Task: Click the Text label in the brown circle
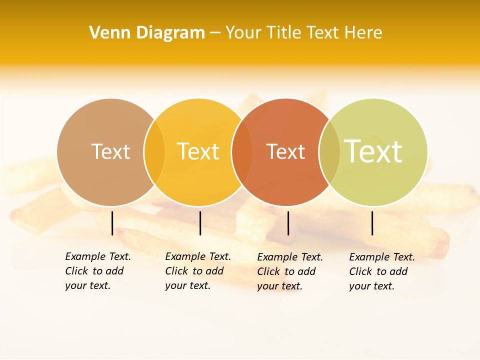pyautogui.click(x=111, y=151)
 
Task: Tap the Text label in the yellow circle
pyautogui.click(x=198, y=151)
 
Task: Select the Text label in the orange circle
pyautogui.click(x=286, y=152)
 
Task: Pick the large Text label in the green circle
pyautogui.click(x=373, y=151)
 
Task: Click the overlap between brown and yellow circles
pyautogui.click(x=154, y=152)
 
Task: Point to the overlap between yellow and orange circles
pyautogui.click(x=242, y=152)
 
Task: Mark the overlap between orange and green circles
pyautogui.click(x=329, y=152)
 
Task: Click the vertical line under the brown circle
pyautogui.click(x=112, y=223)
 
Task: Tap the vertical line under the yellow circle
pyautogui.click(x=200, y=223)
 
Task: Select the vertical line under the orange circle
pyautogui.click(x=288, y=223)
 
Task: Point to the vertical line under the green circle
pyautogui.click(x=372, y=223)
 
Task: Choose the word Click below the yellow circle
pyautogui.click(x=176, y=271)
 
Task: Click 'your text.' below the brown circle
pyautogui.click(x=88, y=286)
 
